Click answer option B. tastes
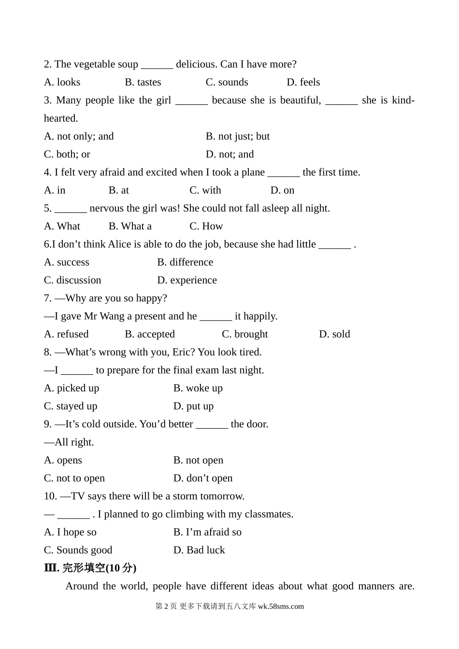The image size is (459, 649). pos(143,82)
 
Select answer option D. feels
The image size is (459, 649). pos(303,82)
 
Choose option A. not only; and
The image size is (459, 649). pos(79,136)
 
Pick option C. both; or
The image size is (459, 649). pos(67,154)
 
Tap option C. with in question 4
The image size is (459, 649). pos(205,190)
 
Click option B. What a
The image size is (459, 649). pos(130,226)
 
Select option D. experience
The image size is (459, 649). pos(186,280)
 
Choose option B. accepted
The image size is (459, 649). pos(150,334)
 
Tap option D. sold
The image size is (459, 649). pos(334,334)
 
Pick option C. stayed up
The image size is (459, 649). pos(71,406)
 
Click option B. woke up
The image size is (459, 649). pos(198,388)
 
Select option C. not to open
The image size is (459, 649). pos(74,478)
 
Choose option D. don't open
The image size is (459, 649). pos(202,478)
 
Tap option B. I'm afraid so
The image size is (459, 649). pos(207,532)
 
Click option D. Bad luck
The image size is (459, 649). pos(199,550)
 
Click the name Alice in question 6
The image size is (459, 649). pos(119,244)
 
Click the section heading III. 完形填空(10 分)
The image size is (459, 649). pos(90,568)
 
